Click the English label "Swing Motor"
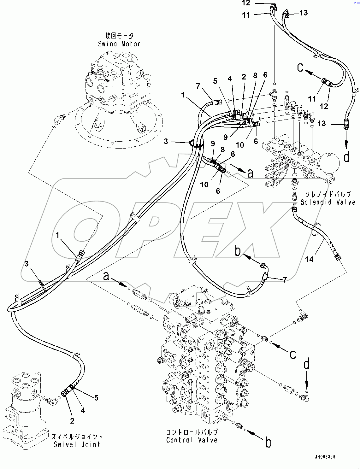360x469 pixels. pyautogui.click(x=119, y=44)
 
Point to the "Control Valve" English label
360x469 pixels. pyautogui.click(x=192, y=440)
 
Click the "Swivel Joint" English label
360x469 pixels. pyautogui.click(x=77, y=444)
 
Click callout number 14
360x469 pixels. pyautogui.click(x=310, y=259)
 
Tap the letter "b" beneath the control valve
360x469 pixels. pyautogui.click(x=269, y=443)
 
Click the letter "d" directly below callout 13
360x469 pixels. pyautogui.click(x=347, y=157)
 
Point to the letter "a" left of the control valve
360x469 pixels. pyautogui.click(x=107, y=277)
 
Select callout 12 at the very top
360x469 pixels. pyautogui.click(x=246, y=3)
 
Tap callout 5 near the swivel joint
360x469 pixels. pyautogui.click(x=96, y=398)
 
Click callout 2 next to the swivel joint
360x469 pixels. pyautogui.click(x=72, y=420)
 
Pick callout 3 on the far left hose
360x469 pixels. pyautogui.click(x=27, y=264)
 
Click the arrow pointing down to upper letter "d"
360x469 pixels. pyautogui.click(x=346, y=140)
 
